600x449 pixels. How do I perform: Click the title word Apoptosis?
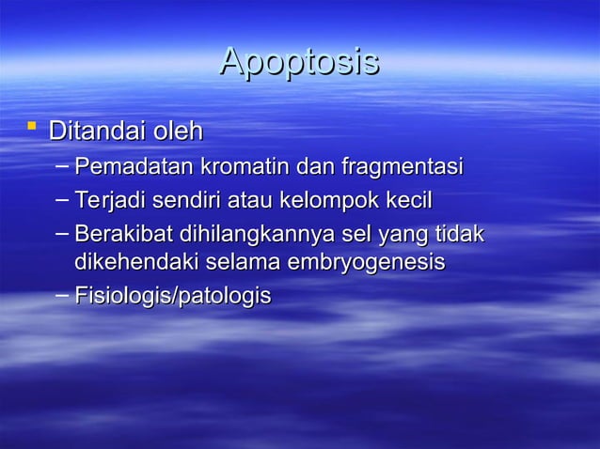(299, 62)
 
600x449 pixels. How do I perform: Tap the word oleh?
(180, 129)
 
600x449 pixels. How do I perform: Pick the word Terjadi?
(110, 200)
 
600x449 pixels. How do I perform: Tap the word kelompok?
(327, 200)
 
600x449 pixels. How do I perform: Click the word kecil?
(408, 200)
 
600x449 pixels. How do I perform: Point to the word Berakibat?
(118, 233)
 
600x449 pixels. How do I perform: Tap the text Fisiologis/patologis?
(172, 297)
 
